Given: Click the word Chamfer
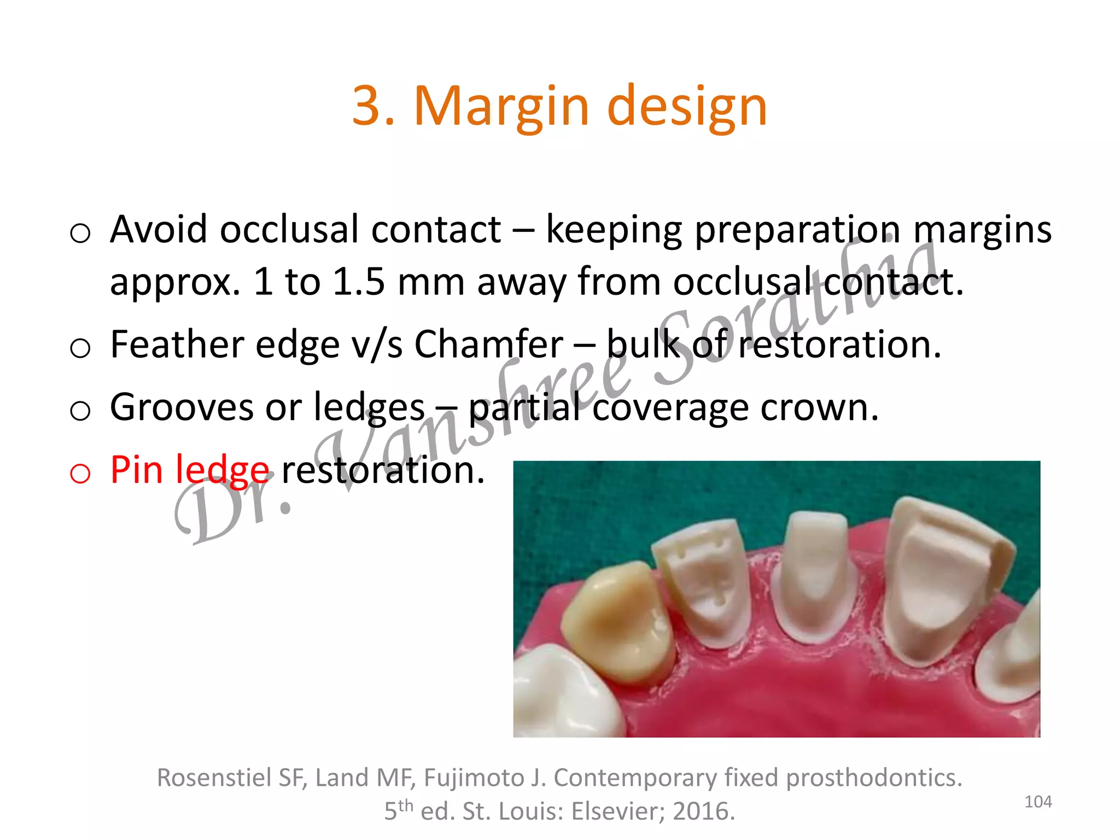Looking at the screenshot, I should click(x=488, y=345).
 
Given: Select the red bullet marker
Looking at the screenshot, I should click(x=80, y=472).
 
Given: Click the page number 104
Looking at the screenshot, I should click(x=1037, y=802).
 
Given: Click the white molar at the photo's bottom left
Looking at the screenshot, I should click(x=563, y=695).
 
